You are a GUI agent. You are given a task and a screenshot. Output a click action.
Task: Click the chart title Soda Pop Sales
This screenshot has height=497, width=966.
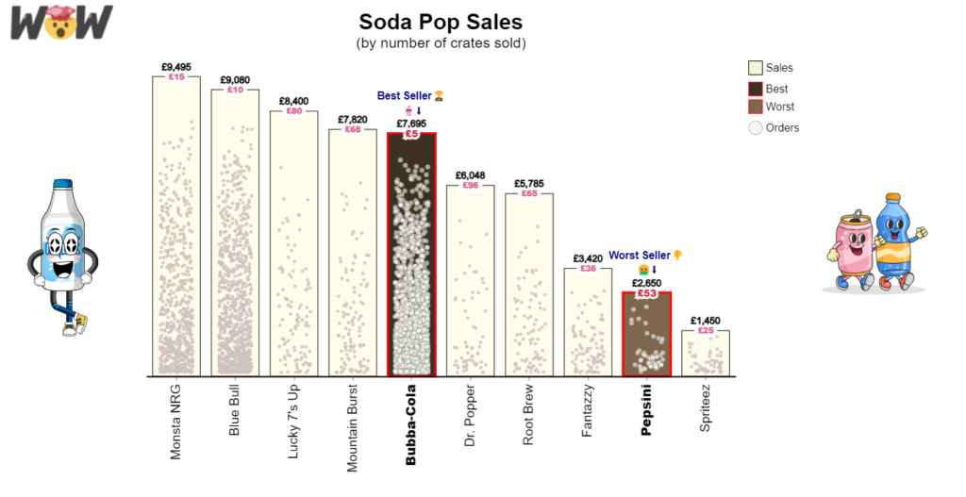(441, 22)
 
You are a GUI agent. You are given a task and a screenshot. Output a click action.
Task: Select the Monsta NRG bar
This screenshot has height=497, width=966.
(176, 226)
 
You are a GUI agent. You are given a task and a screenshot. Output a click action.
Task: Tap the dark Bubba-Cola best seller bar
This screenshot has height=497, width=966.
(411, 255)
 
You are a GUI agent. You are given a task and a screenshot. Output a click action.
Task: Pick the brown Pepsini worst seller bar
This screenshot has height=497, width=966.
(646, 335)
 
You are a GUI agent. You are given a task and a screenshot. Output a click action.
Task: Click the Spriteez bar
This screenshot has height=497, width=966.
(706, 354)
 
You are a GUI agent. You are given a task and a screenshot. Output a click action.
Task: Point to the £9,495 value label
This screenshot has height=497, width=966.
(176, 67)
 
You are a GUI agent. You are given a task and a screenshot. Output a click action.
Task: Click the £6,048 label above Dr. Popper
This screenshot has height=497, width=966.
(470, 175)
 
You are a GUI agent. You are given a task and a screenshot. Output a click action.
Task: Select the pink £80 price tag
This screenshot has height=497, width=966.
(293, 111)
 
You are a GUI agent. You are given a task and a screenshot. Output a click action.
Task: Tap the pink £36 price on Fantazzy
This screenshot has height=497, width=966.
(588, 269)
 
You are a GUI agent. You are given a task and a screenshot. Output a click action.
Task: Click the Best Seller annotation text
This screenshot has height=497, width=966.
(404, 96)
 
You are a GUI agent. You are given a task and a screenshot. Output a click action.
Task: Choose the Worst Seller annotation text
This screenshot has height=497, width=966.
(640, 256)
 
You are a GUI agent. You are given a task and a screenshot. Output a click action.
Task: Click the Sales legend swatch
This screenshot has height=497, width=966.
(755, 68)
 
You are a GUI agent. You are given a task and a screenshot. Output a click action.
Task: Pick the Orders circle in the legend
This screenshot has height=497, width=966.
(755, 128)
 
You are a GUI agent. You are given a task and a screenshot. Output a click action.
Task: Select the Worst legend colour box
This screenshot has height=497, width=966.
(755, 108)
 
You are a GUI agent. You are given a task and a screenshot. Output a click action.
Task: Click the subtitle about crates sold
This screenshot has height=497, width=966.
(441, 43)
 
